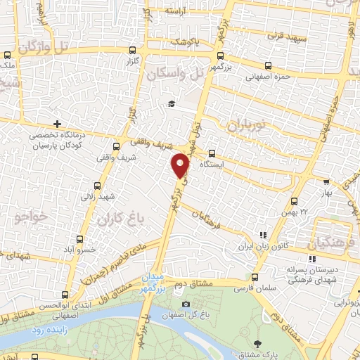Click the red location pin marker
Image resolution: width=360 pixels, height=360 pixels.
click(x=181, y=166)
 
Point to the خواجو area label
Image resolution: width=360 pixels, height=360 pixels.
click(x=28, y=218)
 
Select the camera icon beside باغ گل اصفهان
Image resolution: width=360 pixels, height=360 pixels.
click(x=186, y=304)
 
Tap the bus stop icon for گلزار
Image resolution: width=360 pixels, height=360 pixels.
click(x=134, y=51)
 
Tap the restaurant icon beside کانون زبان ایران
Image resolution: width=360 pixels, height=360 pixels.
click(x=262, y=236)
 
